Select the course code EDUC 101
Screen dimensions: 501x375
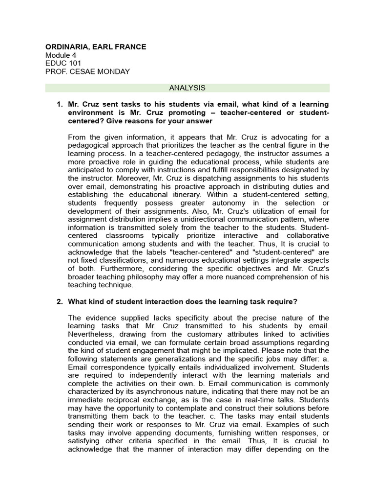pyautogui.click(x=63, y=64)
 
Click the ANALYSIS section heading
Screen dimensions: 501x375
pyautogui.click(x=187, y=88)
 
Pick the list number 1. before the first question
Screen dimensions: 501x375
pyautogui.click(x=60, y=105)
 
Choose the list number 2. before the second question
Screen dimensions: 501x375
pyautogui.click(x=60, y=301)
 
